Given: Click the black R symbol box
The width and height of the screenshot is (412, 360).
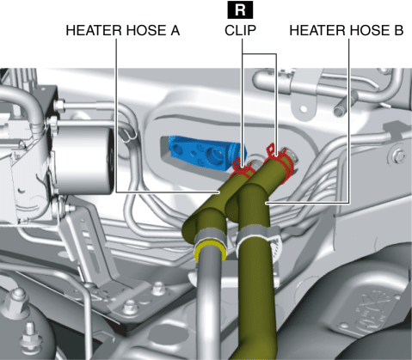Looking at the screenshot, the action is point(240,10).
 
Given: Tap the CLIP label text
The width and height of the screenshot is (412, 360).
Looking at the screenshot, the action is point(240,30).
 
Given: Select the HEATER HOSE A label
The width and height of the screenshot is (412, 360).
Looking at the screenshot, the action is point(123,30).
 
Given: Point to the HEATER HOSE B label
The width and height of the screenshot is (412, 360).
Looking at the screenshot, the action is point(347,30).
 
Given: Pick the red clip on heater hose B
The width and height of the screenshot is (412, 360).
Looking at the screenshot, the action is point(280,161).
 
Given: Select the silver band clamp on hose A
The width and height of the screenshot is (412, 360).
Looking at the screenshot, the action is point(209,235).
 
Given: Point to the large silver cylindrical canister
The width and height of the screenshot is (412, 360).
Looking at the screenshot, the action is point(83,161).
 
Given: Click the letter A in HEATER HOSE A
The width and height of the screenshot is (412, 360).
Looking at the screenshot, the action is point(175,30).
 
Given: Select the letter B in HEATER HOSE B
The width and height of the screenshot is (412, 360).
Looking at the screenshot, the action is point(399,30).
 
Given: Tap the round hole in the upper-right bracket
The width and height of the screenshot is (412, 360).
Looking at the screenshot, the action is point(303,109).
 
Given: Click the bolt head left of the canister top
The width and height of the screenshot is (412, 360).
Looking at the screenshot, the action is point(59,106).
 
